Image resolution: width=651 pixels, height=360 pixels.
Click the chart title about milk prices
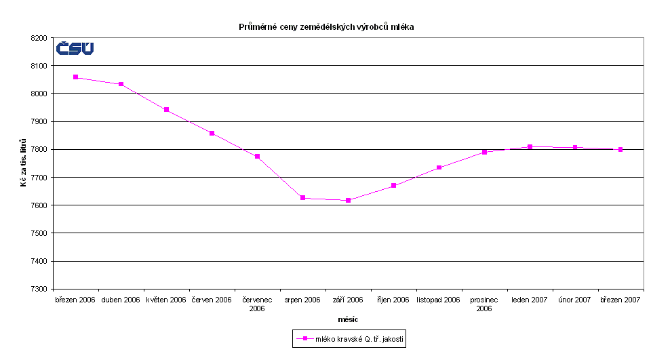325,27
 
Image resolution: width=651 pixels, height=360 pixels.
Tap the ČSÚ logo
75,48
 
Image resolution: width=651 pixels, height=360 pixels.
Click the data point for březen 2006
75,77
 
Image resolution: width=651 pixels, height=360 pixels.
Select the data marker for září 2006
348,200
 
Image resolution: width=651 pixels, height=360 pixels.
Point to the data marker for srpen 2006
302,197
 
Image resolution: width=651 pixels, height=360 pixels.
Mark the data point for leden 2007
530,146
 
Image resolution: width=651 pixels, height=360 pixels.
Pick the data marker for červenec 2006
257,157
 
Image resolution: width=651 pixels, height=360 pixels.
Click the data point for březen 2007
620,149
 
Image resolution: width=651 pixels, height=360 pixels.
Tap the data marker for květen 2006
166,110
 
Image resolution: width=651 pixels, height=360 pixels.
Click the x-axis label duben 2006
121,299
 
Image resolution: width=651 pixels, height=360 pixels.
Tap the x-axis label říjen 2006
393,299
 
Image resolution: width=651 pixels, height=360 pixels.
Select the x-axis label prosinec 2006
484,303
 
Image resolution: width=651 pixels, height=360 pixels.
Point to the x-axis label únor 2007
574,299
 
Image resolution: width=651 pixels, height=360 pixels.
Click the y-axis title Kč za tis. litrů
24,163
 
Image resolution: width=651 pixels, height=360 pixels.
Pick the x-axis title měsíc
348,319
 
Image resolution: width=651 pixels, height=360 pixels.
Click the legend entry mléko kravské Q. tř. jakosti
349,338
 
